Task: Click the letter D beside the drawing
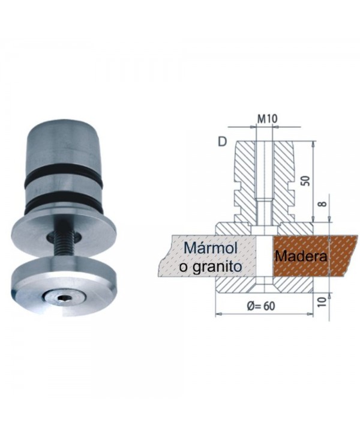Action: (x=223, y=143)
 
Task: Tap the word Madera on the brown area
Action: (x=301, y=256)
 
